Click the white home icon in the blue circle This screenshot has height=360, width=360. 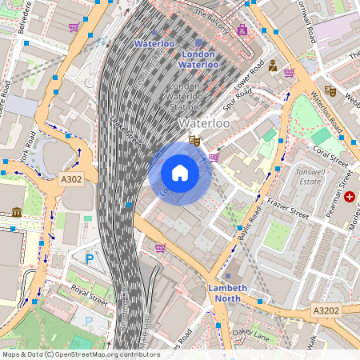(x=180, y=173)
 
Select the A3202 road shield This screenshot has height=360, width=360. (x=326, y=310)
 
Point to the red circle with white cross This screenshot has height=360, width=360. (x=350, y=196)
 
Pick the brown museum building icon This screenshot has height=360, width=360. (x=17, y=212)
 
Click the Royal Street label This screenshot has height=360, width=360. (x=89, y=295)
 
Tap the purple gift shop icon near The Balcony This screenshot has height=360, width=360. (x=242, y=30)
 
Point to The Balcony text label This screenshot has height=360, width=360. (x=214, y=14)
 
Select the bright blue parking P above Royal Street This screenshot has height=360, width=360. (x=90, y=258)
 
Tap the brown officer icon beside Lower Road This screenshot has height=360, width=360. (x=273, y=66)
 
